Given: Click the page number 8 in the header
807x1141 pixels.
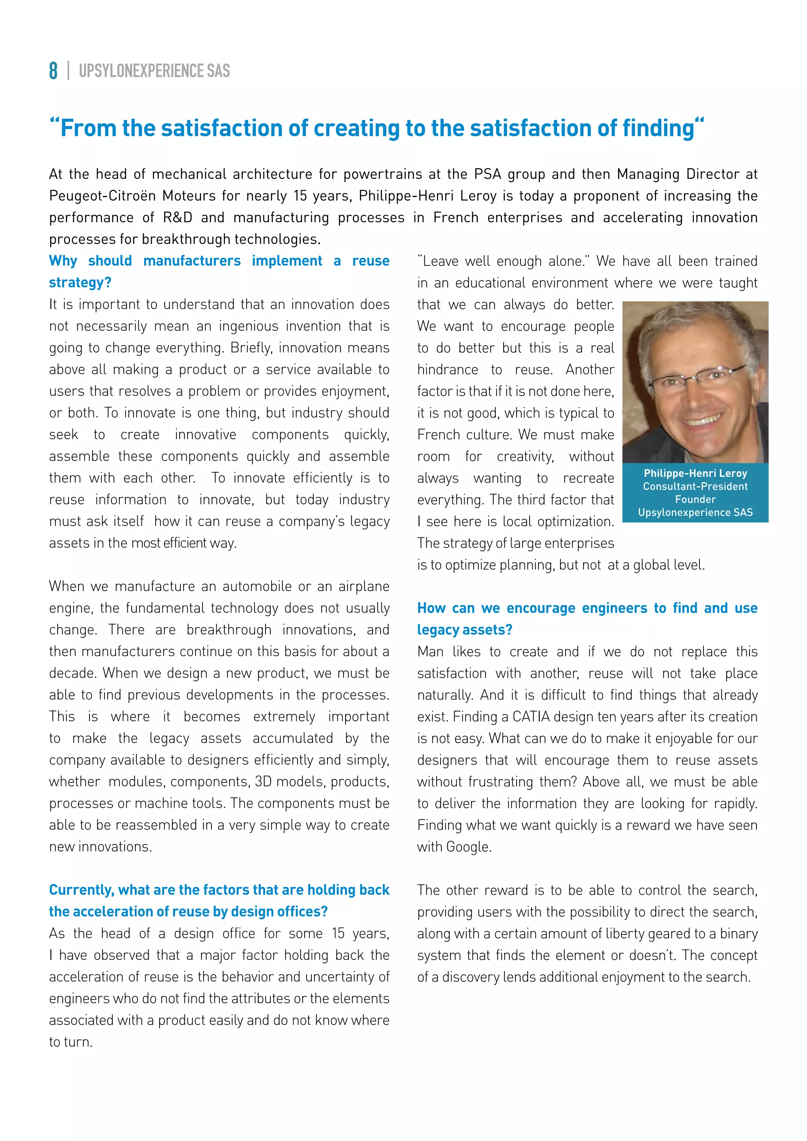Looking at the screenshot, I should (53, 71).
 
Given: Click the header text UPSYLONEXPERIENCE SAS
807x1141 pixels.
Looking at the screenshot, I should (154, 71).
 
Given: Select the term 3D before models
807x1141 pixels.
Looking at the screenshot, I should (263, 781).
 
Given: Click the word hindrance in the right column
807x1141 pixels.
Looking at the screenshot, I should (447, 369).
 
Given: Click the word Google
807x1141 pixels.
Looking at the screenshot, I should (468, 847).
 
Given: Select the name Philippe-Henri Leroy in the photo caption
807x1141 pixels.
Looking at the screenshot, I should (695, 473).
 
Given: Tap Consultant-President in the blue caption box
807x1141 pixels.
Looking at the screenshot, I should (695, 486).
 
